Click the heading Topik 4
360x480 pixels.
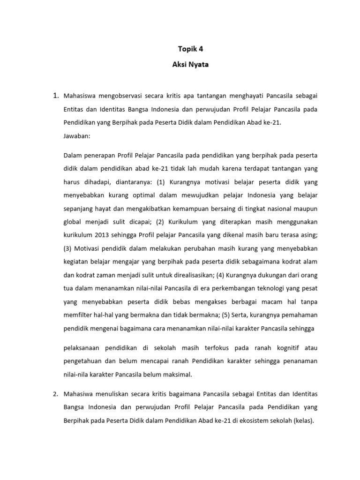click(x=180, y=48)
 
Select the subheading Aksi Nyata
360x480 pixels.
click(x=180, y=66)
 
